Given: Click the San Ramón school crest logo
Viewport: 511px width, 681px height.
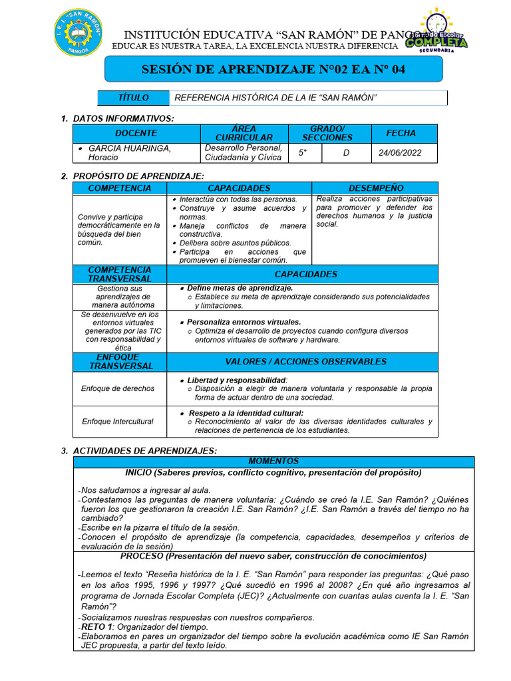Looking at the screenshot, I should coord(77,33).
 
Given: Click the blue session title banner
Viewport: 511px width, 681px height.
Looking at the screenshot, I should coord(273,69).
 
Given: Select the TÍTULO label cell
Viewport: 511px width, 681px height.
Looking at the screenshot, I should coord(133,98).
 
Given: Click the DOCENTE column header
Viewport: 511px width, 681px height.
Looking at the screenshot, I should coord(136,133).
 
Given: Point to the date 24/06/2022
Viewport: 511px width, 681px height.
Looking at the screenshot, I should coord(400,152).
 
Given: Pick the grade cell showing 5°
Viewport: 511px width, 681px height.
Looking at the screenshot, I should coord(303,152).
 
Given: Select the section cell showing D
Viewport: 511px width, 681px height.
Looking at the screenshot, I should coord(346,152).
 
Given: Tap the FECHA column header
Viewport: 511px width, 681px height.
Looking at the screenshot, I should coord(401,133).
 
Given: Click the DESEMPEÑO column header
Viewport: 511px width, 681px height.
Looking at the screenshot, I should coord(375,188).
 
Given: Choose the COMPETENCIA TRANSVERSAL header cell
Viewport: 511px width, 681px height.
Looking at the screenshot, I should coord(120,274).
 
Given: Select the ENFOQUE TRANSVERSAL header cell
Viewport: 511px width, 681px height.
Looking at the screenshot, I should coord(120,362).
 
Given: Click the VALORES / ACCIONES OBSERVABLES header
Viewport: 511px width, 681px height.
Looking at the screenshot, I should coord(305,362).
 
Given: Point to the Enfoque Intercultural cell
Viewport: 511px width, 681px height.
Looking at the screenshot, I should coord(118,422).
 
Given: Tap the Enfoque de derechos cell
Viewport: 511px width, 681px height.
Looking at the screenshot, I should coord(118,388).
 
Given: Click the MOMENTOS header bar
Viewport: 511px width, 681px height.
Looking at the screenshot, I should coord(273,461).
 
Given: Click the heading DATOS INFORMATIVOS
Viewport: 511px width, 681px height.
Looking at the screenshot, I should coord(123,118).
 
